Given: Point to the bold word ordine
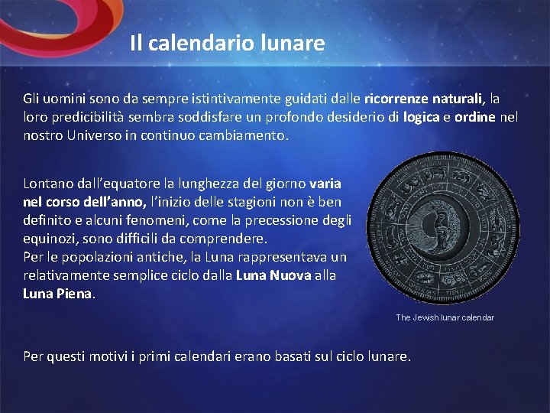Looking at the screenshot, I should (x=474, y=118).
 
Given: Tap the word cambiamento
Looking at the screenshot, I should (x=247, y=136).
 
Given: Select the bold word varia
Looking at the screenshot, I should (x=325, y=184).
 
